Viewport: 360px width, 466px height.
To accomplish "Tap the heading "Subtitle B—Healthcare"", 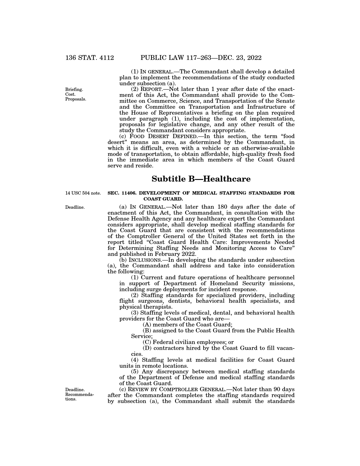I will pyautogui.click(x=201, y=179).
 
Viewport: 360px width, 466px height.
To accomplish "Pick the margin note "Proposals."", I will pyautogui.click(x=75, y=99).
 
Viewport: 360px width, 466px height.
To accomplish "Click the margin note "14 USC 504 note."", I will pyautogui.click(x=83, y=193).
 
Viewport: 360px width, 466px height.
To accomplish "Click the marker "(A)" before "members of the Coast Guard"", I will pyautogui.click(x=148, y=325).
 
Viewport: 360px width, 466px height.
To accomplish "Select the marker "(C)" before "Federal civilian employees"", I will pyautogui.click(x=148, y=342).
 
